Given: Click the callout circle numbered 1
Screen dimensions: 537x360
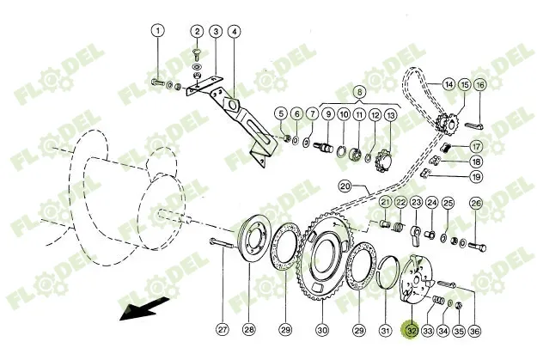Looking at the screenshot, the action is tap(158, 31).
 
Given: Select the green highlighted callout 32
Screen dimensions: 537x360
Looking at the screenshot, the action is tap(412, 330).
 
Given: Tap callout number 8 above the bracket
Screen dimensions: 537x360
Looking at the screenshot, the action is tap(360, 92).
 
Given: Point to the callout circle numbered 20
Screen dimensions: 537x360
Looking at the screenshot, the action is tap(345, 187).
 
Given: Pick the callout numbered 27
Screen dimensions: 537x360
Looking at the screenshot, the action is tap(223, 330).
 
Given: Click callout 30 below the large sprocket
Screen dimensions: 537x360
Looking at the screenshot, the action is tap(322, 330).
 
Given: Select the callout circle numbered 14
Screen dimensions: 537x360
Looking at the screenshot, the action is tap(449, 84).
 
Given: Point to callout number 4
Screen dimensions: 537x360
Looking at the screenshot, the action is tap(235, 32).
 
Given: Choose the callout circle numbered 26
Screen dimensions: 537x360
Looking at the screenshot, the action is tap(476, 203).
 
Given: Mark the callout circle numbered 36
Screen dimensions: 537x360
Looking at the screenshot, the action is tap(474, 331).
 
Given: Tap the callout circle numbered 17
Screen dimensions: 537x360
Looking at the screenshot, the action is tap(476, 147).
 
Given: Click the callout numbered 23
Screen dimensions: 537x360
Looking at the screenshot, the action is tap(416, 203).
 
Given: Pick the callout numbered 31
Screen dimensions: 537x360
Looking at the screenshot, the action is tap(385, 331).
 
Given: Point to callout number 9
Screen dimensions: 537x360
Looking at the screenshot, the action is tap(328, 113).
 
